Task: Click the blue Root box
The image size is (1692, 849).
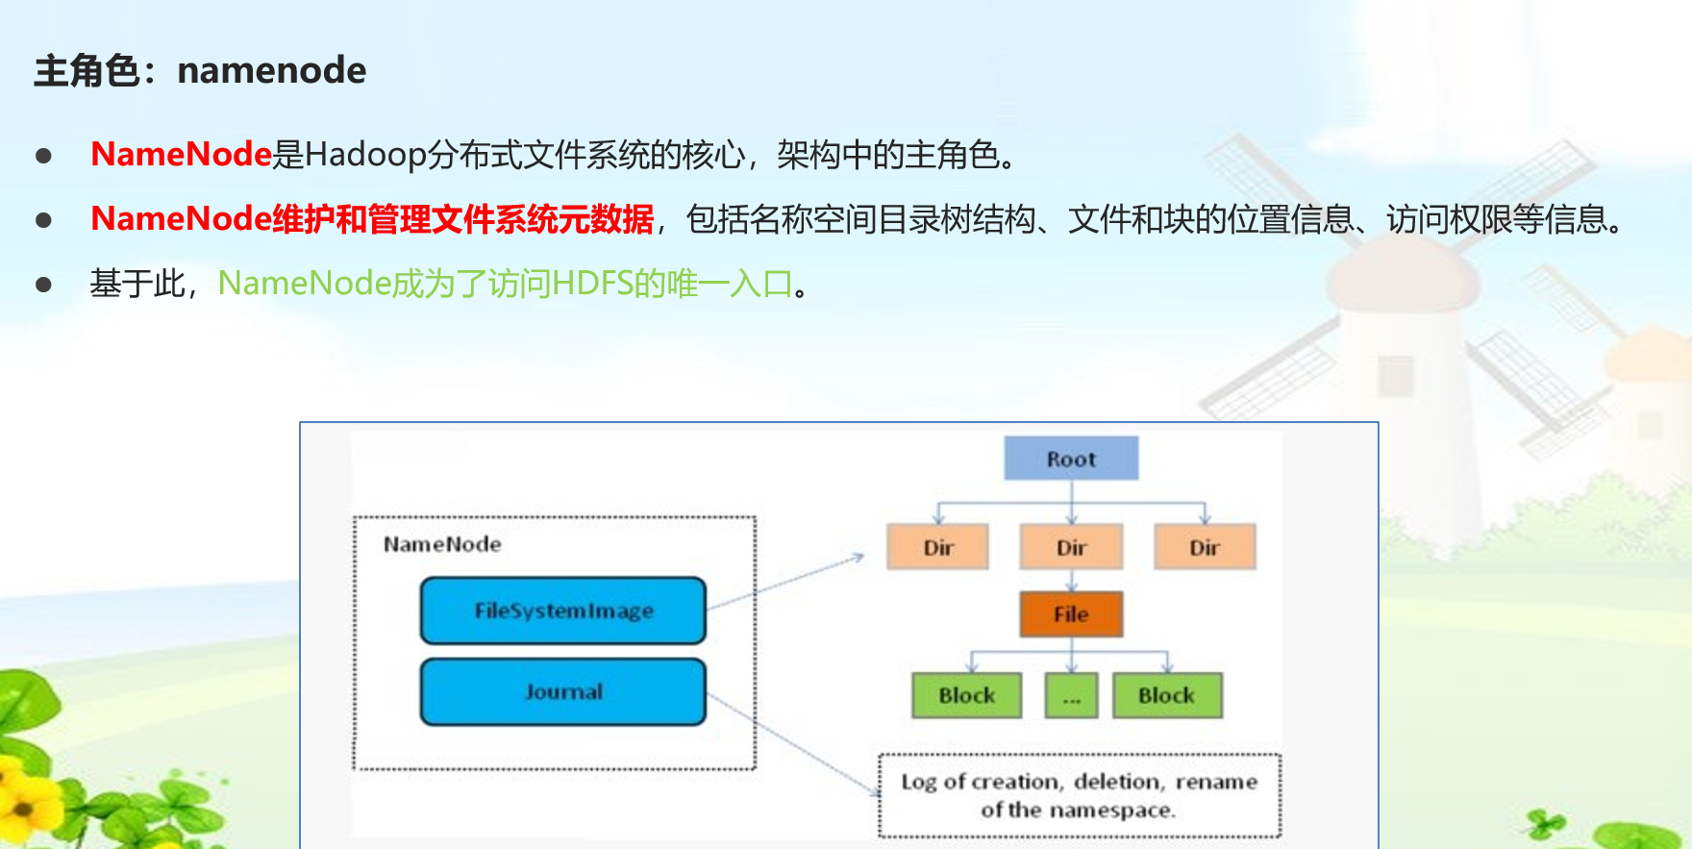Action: click(x=1071, y=459)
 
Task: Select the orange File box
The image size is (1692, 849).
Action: click(x=1071, y=613)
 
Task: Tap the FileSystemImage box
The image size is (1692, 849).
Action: click(x=563, y=611)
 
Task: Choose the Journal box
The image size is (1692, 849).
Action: click(x=563, y=691)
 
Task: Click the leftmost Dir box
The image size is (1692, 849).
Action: click(x=937, y=547)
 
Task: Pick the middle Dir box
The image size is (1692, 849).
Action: click(x=1071, y=547)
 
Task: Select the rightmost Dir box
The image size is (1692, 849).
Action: click(x=1205, y=547)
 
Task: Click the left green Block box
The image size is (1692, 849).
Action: click(x=966, y=695)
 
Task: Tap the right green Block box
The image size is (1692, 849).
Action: click(x=1167, y=695)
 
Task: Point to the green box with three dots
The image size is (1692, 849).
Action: click(x=1071, y=695)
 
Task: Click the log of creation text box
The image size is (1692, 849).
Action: click(x=1079, y=795)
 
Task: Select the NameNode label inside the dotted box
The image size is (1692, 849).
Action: click(x=442, y=544)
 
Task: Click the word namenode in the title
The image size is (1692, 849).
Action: click(x=272, y=70)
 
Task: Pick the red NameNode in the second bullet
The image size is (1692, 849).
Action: click(x=181, y=219)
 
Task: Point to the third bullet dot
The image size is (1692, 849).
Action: click(x=43, y=285)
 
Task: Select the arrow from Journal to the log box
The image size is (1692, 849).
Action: click(x=793, y=745)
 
